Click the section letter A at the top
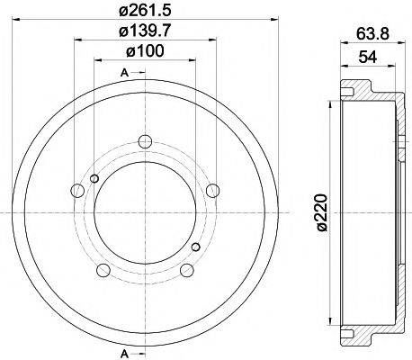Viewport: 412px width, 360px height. tap(122, 72)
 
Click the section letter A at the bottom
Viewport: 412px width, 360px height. tap(122, 351)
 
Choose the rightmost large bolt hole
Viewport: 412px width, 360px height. tap(212, 190)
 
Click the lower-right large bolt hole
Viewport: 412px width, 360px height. tap(184, 271)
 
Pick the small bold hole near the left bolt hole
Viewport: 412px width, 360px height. tap(94, 179)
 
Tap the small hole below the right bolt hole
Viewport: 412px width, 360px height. tap(195, 245)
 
